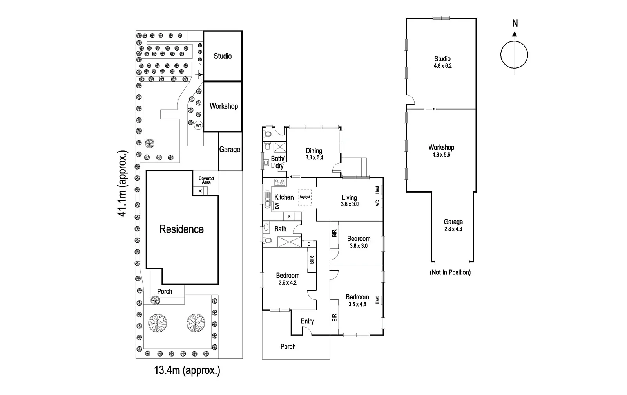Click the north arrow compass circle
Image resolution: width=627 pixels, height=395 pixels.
[x=514, y=55]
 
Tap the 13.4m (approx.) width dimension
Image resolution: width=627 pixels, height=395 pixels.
[x=187, y=370]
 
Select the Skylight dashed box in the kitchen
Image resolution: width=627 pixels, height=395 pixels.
[x=304, y=197]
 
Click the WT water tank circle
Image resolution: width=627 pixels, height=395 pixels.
[x=198, y=126]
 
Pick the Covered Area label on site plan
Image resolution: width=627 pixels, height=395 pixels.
[x=206, y=180]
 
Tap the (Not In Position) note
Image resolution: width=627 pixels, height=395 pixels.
[x=450, y=272]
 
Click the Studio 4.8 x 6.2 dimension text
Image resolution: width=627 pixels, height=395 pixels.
[x=442, y=66]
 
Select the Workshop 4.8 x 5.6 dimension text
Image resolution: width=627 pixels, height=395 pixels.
[x=441, y=155]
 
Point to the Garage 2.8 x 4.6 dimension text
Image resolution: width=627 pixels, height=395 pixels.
[x=453, y=229]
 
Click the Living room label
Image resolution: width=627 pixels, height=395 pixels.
[x=349, y=198]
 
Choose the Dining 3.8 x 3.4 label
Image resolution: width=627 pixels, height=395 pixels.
[x=314, y=154]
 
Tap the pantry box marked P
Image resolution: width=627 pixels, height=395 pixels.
[x=289, y=217]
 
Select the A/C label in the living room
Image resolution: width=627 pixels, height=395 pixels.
[x=377, y=203]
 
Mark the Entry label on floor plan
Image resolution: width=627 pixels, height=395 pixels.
[x=307, y=321]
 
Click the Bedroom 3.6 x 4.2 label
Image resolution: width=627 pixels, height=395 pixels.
[x=288, y=279]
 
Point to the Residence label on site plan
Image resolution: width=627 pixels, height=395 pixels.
[x=181, y=229]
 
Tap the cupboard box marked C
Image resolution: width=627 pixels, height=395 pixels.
[x=309, y=244]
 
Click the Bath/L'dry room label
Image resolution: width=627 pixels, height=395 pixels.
[x=277, y=162]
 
